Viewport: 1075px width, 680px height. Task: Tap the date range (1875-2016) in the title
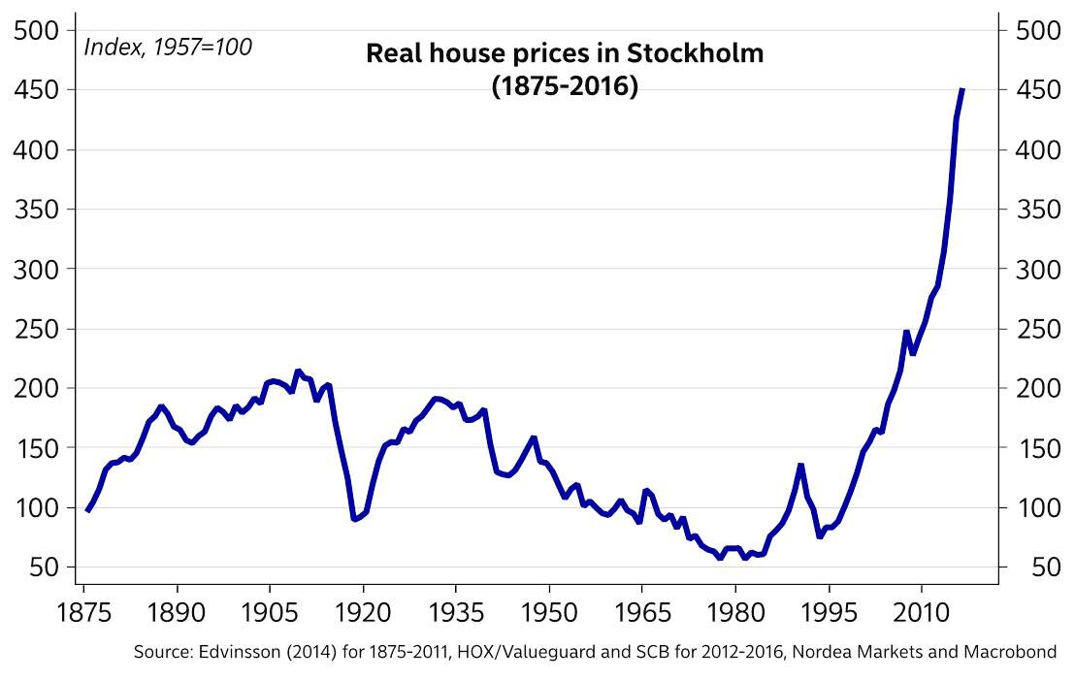tap(565, 86)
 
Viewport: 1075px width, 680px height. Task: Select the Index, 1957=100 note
tap(169, 46)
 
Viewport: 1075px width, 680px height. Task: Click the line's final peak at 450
tap(961, 89)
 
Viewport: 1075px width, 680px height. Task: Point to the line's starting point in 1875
tap(87, 510)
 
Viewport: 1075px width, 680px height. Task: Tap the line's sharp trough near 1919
tap(355, 519)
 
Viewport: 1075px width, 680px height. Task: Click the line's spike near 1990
tap(800, 466)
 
